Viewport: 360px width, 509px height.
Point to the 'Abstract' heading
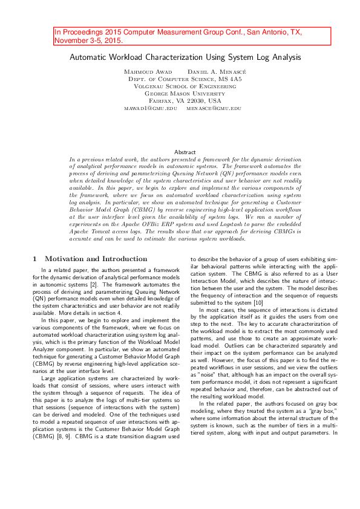[x=185, y=152]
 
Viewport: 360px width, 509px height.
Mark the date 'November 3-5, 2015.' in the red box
[x=89, y=41]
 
